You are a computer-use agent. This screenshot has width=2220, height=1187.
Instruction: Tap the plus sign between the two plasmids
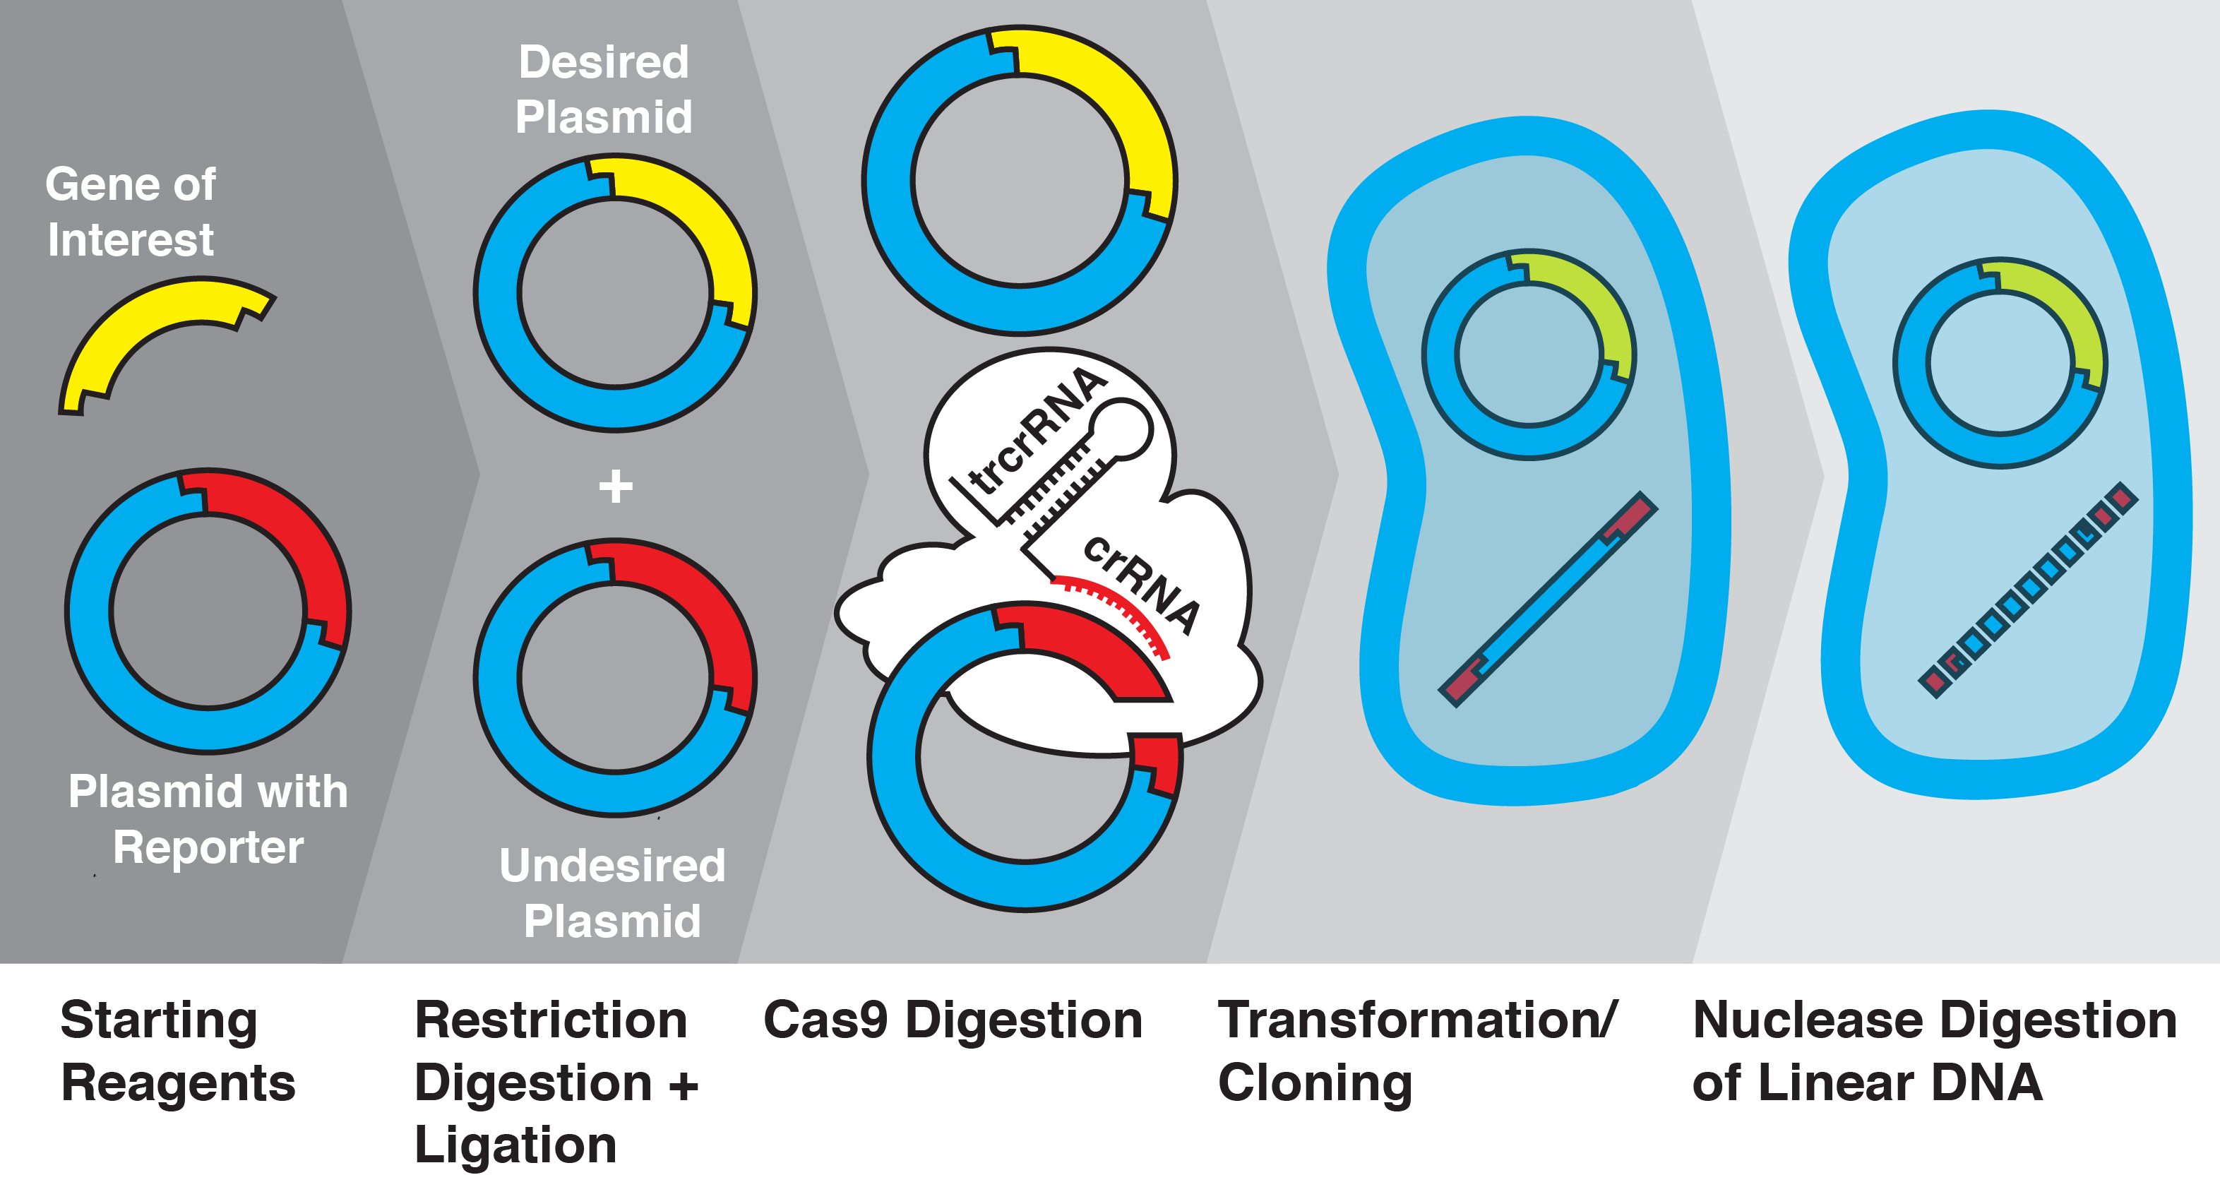click(615, 487)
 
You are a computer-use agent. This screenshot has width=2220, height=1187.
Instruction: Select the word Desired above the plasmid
click(603, 62)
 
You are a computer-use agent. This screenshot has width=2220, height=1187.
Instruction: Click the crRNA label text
click(1142, 583)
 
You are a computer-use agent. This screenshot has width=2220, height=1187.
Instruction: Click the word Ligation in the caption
click(515, 1145)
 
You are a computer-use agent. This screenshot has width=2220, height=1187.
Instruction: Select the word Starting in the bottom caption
click(159, 1022)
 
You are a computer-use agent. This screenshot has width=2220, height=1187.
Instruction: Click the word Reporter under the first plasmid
click(208, 847)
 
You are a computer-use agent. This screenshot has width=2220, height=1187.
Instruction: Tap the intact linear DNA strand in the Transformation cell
click(1547, 599)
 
